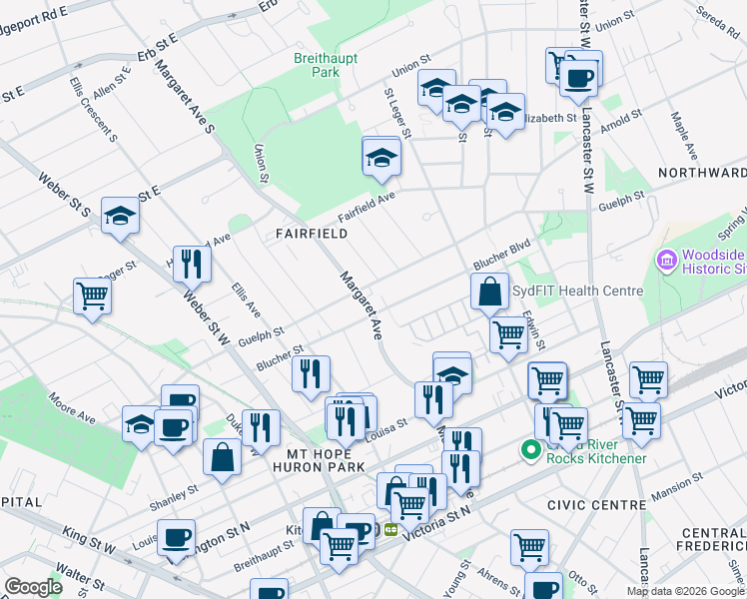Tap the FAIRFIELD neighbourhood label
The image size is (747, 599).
312,234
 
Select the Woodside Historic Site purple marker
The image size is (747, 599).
667,260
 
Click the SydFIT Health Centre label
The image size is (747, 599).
577,292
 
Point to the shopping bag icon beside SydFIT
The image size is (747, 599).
489,294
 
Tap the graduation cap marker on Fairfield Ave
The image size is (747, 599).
380,159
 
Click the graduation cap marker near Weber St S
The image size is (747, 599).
120,215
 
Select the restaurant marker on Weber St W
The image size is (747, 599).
192,265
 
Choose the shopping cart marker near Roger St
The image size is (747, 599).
91,296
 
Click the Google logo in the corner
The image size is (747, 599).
33,587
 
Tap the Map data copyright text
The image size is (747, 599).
685,591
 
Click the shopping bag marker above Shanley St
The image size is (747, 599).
222,457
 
